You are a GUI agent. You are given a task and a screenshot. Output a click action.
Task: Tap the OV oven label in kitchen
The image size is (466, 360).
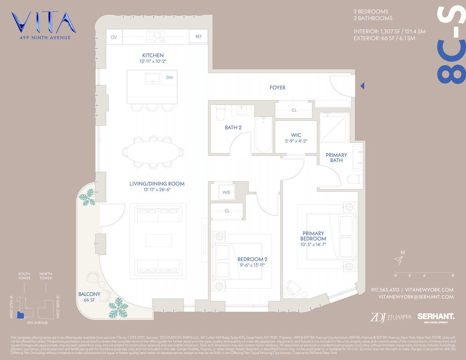(x=114, y=37)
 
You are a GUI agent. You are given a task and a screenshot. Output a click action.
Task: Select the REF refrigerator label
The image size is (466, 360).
(x=198, y=36)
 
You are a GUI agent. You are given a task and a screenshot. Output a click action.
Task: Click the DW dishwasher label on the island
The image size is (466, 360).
(x=169, y=77)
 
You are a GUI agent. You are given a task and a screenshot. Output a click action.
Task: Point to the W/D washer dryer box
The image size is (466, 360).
(x=226, y=192)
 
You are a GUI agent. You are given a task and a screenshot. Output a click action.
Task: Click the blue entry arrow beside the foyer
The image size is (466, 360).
(x=362, y=86)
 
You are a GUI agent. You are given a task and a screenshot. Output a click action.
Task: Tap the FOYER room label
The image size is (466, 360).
(x=277, y=87)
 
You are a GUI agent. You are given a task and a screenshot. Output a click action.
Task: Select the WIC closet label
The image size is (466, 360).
(x=296, y=135)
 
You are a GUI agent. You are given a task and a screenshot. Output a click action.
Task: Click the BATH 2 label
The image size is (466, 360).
(x=233, y=127)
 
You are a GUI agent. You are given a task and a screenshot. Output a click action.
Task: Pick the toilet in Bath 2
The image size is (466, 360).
(x=220, y=113)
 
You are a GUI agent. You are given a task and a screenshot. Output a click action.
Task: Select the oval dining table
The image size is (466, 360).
(x=153, y=152)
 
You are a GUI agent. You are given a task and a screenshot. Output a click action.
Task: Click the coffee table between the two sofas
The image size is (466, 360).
(x=158, y=240)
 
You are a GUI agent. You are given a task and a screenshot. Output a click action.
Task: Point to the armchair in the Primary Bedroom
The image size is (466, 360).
(x=292, y=288)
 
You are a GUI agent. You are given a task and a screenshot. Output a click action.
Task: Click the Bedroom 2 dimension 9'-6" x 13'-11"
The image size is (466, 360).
(x=252, y=265)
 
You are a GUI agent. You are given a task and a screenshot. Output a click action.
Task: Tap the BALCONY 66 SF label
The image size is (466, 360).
(x=89, y=297)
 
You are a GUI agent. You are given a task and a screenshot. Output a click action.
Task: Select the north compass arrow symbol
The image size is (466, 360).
(x=398, y=260)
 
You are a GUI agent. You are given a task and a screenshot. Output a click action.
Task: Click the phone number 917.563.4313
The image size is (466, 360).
(x=385, y=290)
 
